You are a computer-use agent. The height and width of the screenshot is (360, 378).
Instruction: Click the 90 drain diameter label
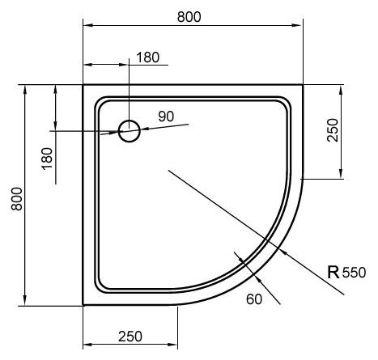(166, 116)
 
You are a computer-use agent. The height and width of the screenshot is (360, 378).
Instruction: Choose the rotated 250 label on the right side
(333, 129)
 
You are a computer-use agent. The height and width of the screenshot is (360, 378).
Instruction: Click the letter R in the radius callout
(333, 273)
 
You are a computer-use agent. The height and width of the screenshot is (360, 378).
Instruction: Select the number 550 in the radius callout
(354, 273)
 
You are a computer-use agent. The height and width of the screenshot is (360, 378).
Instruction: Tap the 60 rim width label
(254, 300)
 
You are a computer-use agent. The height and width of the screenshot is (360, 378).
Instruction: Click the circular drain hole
(130, 130)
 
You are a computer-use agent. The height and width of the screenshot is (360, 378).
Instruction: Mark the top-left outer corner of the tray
(84, 84)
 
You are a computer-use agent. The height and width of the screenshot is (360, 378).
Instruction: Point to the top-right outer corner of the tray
(303, 84)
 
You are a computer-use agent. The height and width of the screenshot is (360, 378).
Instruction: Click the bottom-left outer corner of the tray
(84, 305)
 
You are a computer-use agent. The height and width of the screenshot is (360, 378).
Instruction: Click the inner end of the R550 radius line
(168, 169)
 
